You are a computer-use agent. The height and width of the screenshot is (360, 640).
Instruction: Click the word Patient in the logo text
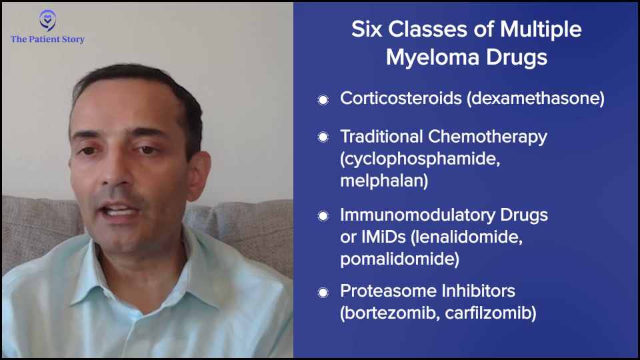pyautogui.click(x=44, y=39)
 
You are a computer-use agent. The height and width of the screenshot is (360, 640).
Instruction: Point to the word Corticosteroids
pyautogui.click(x=401, y=99)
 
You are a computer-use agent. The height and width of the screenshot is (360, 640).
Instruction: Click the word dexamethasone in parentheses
pyautogui.click(x=536, y=99)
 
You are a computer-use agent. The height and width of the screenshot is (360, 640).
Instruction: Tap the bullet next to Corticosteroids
pyautogui.click(x=323, y=99)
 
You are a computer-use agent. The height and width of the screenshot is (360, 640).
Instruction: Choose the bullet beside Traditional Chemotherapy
pyautogui.click(x=323, y=137)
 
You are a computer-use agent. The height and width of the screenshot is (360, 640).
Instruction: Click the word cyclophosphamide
pyautogui.click(x=420, y=159)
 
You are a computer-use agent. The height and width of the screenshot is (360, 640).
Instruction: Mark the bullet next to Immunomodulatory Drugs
pyautogui.click(x=323, y=216)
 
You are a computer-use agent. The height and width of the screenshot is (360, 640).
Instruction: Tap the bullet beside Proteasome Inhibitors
pyautogui.click(x=323, y=293)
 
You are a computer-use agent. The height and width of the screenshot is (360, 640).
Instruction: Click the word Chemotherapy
pyautogui.click(x=487, y=137)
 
